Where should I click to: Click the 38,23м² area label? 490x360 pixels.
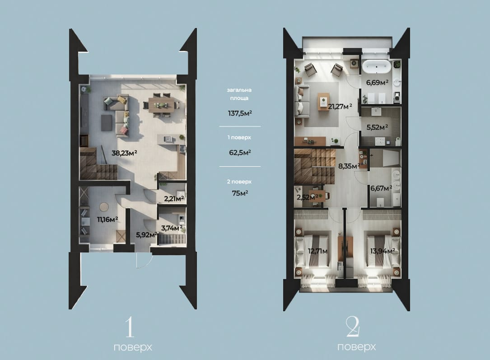point(124,153)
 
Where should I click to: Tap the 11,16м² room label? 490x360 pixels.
point(107,220)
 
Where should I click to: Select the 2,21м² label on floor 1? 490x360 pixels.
point(174,198)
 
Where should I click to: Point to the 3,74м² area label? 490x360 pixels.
point(172,228)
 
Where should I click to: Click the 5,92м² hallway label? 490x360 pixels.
point(146,235)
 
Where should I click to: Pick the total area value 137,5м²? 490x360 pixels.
point(240,113)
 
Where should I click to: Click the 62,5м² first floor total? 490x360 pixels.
point(240,153)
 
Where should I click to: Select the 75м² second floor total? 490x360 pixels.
point(240,193)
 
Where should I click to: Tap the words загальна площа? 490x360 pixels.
point(239,94)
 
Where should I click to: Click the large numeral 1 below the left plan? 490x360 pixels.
point(129,327)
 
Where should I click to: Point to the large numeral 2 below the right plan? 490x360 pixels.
point(354,327)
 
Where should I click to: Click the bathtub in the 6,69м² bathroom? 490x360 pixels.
point(377,66)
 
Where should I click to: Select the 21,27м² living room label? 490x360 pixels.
point(340,107)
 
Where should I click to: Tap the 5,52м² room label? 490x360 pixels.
point(377,127)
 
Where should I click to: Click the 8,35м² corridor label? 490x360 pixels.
point(349,166)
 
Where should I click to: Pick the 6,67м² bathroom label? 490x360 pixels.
point(381,188)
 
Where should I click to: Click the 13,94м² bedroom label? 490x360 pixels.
point(383,251)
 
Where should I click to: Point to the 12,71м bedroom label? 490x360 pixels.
point(317,251)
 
